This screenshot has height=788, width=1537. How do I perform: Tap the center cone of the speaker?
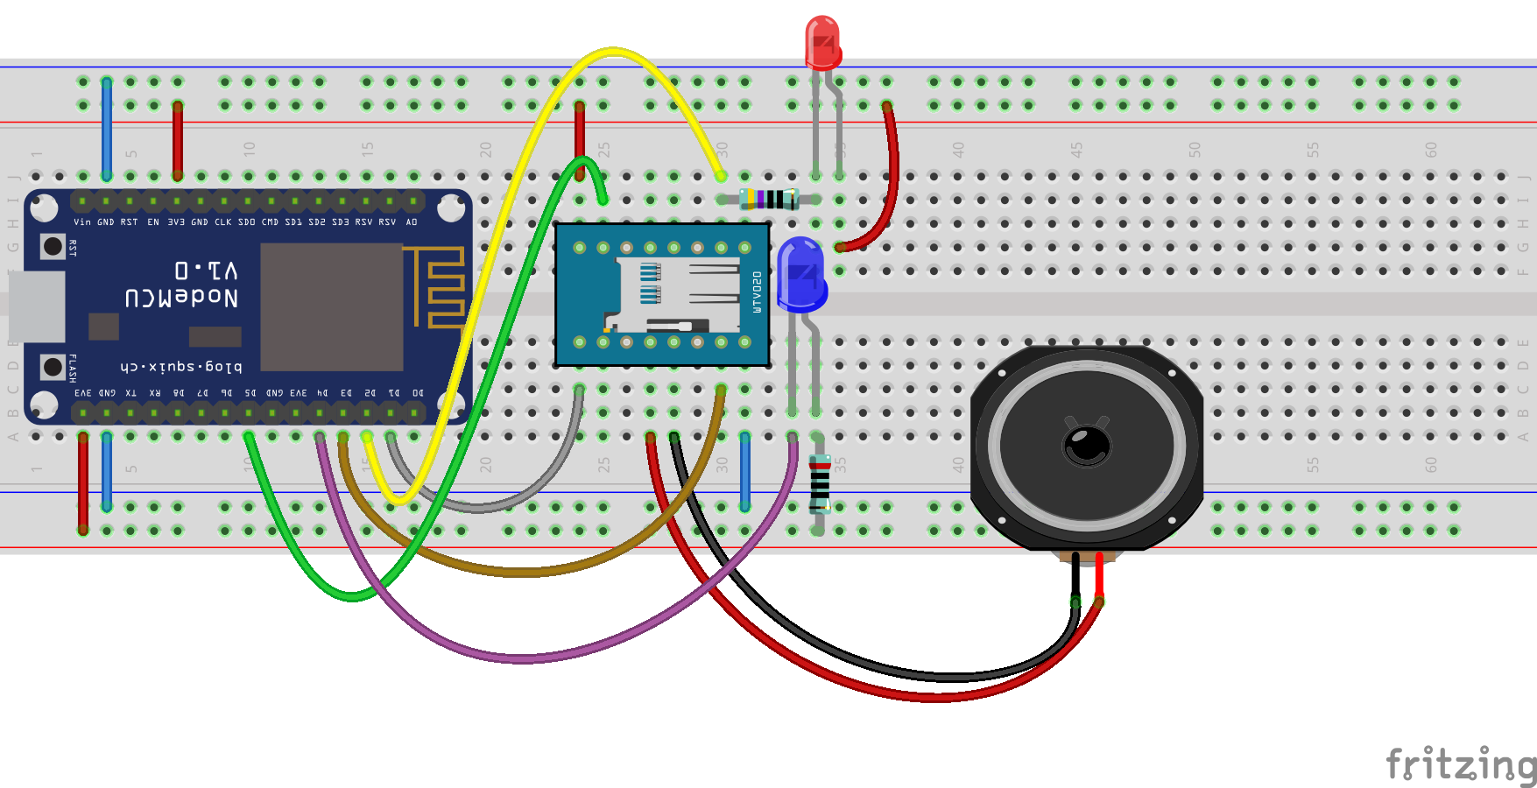1087,445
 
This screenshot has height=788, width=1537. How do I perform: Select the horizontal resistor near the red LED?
769,199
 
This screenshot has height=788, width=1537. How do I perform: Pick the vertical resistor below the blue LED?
819,484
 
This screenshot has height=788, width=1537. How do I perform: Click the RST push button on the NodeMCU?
53,247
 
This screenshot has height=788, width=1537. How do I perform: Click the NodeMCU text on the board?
181,298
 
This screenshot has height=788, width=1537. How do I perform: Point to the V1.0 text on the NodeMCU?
206,269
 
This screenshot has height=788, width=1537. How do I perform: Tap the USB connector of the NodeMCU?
37,306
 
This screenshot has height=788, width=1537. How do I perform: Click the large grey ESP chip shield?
332,306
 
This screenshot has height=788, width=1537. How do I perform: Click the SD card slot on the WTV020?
674,295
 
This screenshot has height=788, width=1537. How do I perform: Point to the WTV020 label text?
757,292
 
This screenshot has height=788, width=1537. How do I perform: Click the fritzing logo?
1460,764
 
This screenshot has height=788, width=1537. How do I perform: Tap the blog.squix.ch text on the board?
181,366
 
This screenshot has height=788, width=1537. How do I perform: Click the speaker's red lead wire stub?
1099,578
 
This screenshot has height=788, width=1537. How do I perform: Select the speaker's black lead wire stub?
1075,578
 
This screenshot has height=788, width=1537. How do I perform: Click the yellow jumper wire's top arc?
613,52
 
